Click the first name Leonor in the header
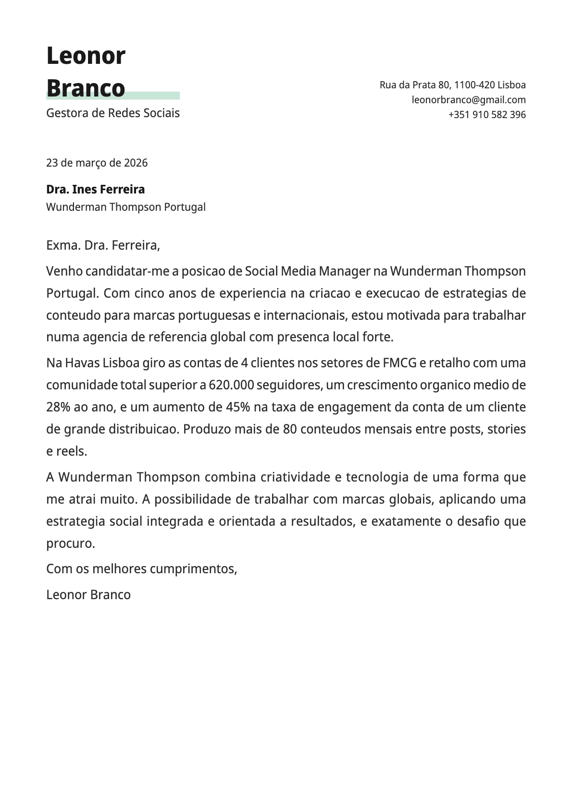pyautogui.click(x=86, y=56)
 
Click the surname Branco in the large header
pyautogui.click(x=86, y=88)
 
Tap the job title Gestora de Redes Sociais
pyautogui.click(x=112, y=113)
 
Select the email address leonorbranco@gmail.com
pyautogui.click(x=468, y=100)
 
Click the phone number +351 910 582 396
pyautogui.click(x=486, y=115)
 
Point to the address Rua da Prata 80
pyautogui.click(x=415, y=85)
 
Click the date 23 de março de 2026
pyautogui.click(x=97, y=163)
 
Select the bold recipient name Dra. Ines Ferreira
pyautogui.click(x=95, y=190)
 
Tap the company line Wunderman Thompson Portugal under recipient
pyautogui.click(x=125, y=207)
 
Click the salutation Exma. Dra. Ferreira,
pyautogui.click(x=103, y=245)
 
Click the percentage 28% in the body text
pyautogui.click(x=58, y=407)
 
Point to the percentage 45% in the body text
pyautogui.click(x=238, y=407)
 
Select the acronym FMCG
pyautogui.click(x=399, y=363)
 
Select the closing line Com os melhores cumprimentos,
pyautogui.click(x=141, y=569)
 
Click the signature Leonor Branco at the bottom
pyautogui.click(x=88, y=595)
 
